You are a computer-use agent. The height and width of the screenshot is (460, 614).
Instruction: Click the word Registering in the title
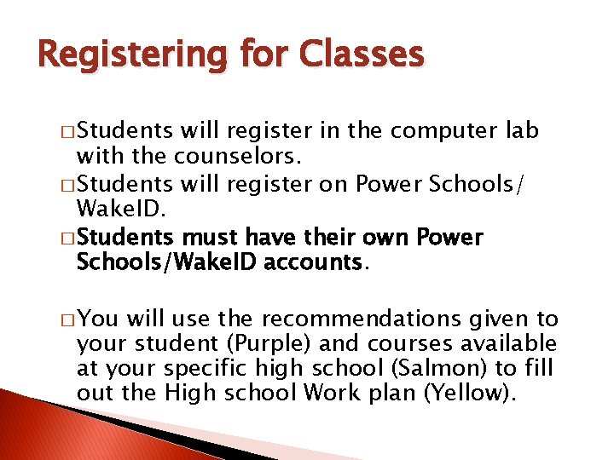[x=133, y=55]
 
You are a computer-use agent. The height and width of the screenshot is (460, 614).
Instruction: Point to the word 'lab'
[x=523, y=131]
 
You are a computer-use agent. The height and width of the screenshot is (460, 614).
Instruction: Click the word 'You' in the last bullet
[x=101, y=319]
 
